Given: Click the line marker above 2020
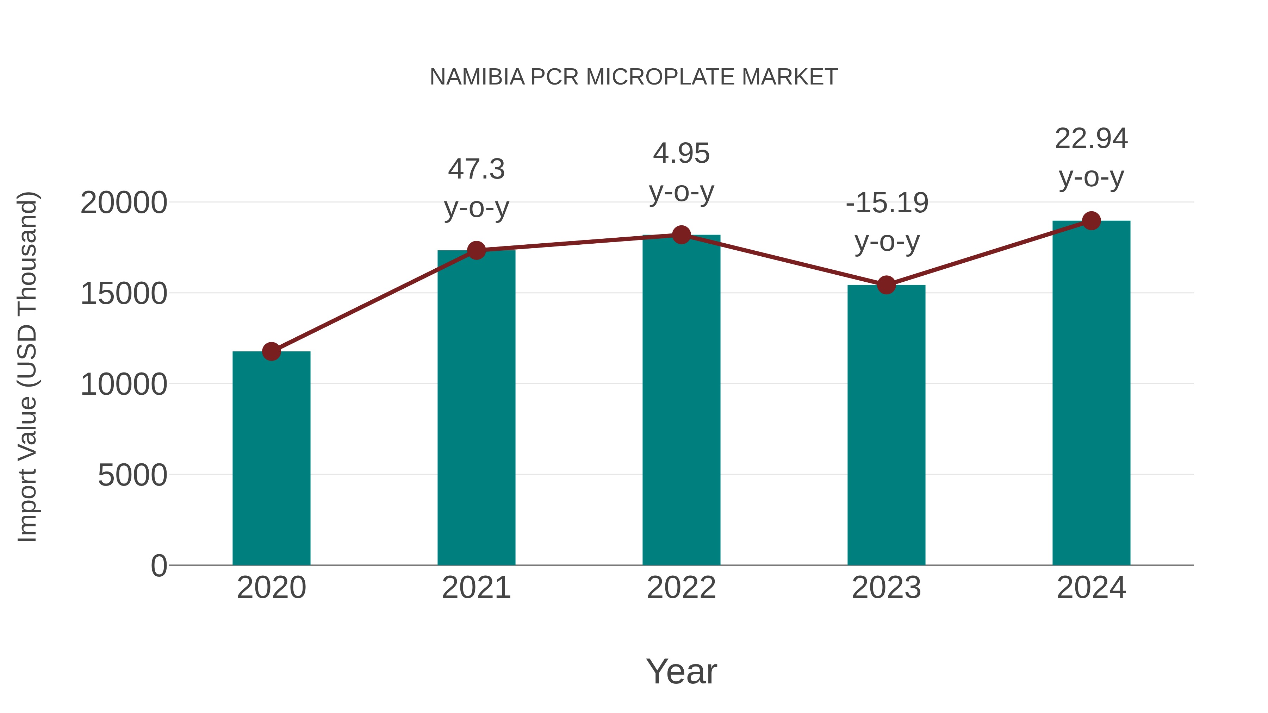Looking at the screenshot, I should (271, 351).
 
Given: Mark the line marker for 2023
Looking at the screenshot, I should (886, 285).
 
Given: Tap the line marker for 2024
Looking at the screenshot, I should (1091, 221).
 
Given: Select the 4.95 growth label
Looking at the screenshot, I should (681, 154).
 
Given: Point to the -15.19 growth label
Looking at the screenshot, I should (887, 203).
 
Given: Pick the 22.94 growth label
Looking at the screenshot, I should (1091, 139).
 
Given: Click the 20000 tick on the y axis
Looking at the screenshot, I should (124, 203).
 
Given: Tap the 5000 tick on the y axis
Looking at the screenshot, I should (132, 475).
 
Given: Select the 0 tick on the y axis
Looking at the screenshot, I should (158, 566).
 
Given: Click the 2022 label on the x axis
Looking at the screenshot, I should (681, 588).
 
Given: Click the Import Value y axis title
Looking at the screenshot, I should (27, 367).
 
